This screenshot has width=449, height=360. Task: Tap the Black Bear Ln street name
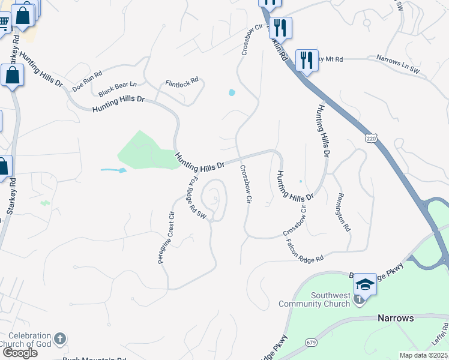(118, 89)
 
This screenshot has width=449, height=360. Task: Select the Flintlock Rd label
(182, 83)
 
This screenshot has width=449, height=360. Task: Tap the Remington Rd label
(343, 212)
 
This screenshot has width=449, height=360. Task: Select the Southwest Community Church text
(330, 299)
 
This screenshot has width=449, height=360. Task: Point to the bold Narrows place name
(396, 318)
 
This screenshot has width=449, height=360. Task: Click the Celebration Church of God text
(27, 339)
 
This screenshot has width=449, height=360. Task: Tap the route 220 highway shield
(370, 139)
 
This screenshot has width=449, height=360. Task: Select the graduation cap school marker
(364, 284)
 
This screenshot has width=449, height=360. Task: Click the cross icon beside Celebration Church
(59, 339)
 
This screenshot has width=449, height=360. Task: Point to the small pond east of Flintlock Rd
(232, 92)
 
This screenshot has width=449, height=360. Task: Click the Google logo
(19, 353)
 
